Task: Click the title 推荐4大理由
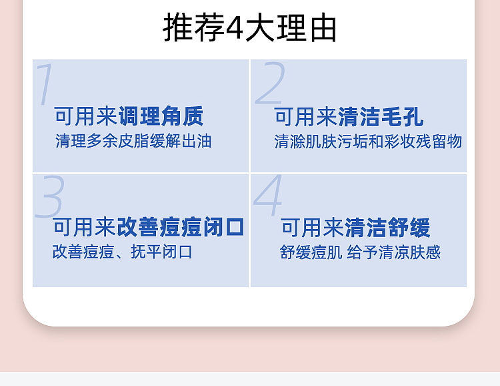point(250,27)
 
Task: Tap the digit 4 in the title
point(235,28)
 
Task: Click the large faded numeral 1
point(45,84)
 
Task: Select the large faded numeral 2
point(269,83)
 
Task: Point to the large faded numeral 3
point(50,197)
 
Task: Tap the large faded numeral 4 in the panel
point(268,196)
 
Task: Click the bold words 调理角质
point(161,116)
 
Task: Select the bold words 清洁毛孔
point(381,118)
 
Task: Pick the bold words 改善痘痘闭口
point(181,227)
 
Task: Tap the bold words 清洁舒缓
point(387,228)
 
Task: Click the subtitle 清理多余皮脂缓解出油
point(133,141)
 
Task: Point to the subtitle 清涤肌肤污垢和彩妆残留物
point(368,142)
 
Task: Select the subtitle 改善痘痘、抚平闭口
point(123,252)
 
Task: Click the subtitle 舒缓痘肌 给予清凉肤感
point(360,252)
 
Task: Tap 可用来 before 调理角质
point(86,116)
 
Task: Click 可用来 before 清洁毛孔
point(305,118)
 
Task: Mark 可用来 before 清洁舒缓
point(313,228)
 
